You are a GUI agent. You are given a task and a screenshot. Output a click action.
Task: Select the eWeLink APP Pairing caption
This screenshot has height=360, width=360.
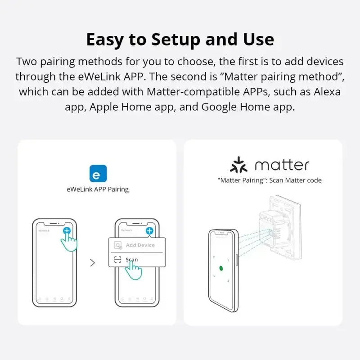(98, 189)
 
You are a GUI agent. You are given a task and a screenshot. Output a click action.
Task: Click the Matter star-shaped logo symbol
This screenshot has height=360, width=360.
(239, 165)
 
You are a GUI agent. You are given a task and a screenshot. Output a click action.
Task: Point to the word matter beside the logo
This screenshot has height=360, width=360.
(282, 165)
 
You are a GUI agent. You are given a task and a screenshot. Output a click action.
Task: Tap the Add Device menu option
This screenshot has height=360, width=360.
(140, 245)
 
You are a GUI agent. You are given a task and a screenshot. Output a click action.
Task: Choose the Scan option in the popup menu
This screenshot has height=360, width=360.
(131, 260)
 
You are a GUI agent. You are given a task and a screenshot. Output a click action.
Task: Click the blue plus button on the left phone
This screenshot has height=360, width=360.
(67, 231)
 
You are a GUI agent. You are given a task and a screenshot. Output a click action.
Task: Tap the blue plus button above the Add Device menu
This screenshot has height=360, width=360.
(149, 231)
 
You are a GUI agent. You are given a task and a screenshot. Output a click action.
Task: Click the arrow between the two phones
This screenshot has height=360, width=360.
(93, 263)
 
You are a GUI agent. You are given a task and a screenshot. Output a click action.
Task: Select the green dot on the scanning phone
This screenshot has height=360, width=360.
(221, 269)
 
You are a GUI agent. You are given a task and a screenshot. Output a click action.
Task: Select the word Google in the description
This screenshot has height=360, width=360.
(220, 108)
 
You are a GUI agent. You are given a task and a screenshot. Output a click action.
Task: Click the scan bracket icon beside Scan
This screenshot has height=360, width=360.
(118, 260)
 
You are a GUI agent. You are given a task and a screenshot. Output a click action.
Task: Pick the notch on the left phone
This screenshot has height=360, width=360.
(54, 223)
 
